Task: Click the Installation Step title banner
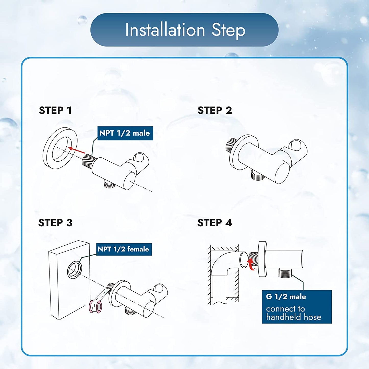[x=184, y=30]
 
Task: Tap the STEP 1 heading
[x=55, y=110]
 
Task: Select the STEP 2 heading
[x=215, y=110]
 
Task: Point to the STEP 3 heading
[x=55, y=223]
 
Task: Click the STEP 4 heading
[x=215, y=223]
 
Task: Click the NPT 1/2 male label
[x=125, y=133]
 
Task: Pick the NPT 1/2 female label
[x=124, y=249]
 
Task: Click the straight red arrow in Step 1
[x=77, y=150]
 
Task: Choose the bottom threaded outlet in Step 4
[x=285, y=273]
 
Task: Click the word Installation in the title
[x=165, y=30]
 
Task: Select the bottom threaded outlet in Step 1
[x=110, y=184]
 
